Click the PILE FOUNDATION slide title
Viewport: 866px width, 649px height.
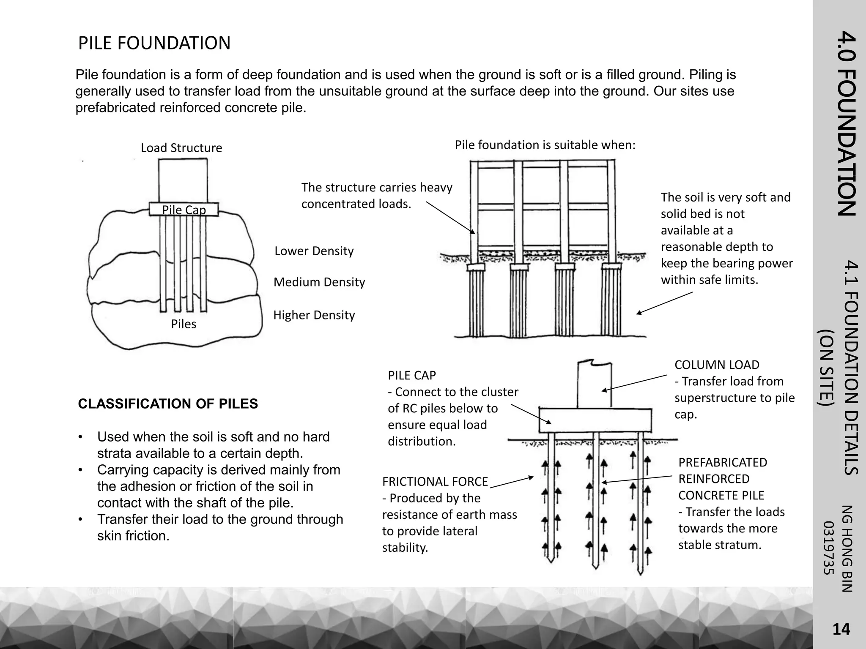154,44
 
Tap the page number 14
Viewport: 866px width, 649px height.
841,630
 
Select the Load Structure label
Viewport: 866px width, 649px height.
181,148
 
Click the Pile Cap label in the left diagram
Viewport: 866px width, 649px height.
184,210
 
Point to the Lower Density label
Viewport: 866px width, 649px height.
314,251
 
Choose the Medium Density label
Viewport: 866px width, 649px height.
319,282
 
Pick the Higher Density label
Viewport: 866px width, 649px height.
314,315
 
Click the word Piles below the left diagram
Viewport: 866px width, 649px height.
184,324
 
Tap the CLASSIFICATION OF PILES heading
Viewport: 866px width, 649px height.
168,404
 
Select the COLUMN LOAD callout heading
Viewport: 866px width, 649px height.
717,365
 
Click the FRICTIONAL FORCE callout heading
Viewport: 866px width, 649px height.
435,482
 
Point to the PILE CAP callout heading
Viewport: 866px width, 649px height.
411,375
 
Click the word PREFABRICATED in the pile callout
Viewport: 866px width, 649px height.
722,463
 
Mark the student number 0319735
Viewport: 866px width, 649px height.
829,548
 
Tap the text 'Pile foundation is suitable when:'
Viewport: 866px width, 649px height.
545,145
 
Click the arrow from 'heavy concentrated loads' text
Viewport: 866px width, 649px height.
450,217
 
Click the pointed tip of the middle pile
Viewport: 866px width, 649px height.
595,566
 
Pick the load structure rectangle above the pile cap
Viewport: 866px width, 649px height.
183,180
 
